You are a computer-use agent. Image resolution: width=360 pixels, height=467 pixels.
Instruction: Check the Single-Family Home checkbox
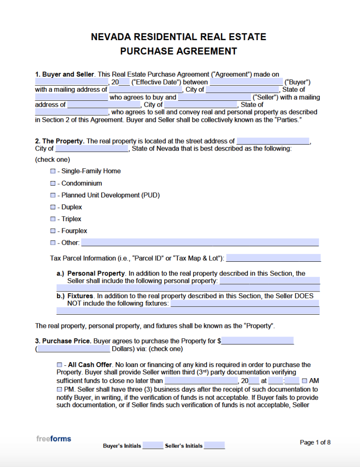click(x=53, y=171)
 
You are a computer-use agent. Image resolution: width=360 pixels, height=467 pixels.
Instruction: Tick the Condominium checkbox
click(x=53, y=183)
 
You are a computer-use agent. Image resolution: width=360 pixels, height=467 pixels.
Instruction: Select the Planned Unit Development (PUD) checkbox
click(x=53, y=195)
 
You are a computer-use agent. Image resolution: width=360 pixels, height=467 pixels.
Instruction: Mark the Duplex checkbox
click(x=53, y=207)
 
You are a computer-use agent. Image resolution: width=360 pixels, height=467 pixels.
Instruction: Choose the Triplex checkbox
click(x=53, y=219)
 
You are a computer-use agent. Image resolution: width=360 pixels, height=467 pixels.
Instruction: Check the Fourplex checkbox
click(x=53, y=231)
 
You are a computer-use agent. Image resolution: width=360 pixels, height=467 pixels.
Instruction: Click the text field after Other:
click(x=200, y=243)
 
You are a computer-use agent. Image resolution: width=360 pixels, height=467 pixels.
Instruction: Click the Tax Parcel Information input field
click(x=273, y=258)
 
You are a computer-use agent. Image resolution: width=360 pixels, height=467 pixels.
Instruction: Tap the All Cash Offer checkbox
click(x=59, y=365)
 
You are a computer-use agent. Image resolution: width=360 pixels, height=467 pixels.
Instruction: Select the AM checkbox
click(x=304, y=381)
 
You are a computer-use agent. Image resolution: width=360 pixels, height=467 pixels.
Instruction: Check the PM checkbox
click(x=59, y=389)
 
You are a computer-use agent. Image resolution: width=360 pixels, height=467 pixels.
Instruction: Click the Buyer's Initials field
click(x=152, y=446)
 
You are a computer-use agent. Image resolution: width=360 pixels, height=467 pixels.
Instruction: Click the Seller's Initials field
click(x=214, y=446)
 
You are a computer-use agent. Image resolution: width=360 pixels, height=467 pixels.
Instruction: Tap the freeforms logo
click(x=53, y=439)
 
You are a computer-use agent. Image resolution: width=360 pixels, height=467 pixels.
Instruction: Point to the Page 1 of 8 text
click(x=315, y=442)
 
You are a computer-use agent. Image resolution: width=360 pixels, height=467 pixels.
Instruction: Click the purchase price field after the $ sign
click(x=258, y=341)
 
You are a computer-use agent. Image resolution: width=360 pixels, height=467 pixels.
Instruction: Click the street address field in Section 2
click(x=273, y=141)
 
